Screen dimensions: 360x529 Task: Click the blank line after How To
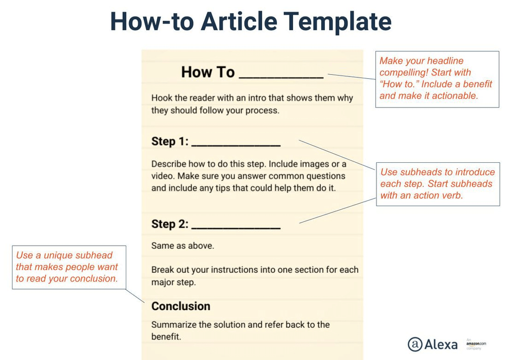point(281,77)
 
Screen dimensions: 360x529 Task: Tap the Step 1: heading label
point(170,142)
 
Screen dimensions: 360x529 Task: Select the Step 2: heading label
point(170,224)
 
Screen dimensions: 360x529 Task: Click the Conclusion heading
point(181,307)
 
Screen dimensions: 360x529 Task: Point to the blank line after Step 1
point(235,145)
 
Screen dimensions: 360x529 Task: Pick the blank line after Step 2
point(235,228)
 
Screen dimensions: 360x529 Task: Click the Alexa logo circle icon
point(415,344)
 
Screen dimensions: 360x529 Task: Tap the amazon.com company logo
point(476,344)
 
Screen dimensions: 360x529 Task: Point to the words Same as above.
point(182,246)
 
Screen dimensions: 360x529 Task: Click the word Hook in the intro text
point(161,98)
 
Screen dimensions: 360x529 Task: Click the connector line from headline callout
point(352,76)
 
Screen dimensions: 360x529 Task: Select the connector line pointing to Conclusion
point(135,295)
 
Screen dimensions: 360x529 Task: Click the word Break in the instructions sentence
point(162,270)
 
